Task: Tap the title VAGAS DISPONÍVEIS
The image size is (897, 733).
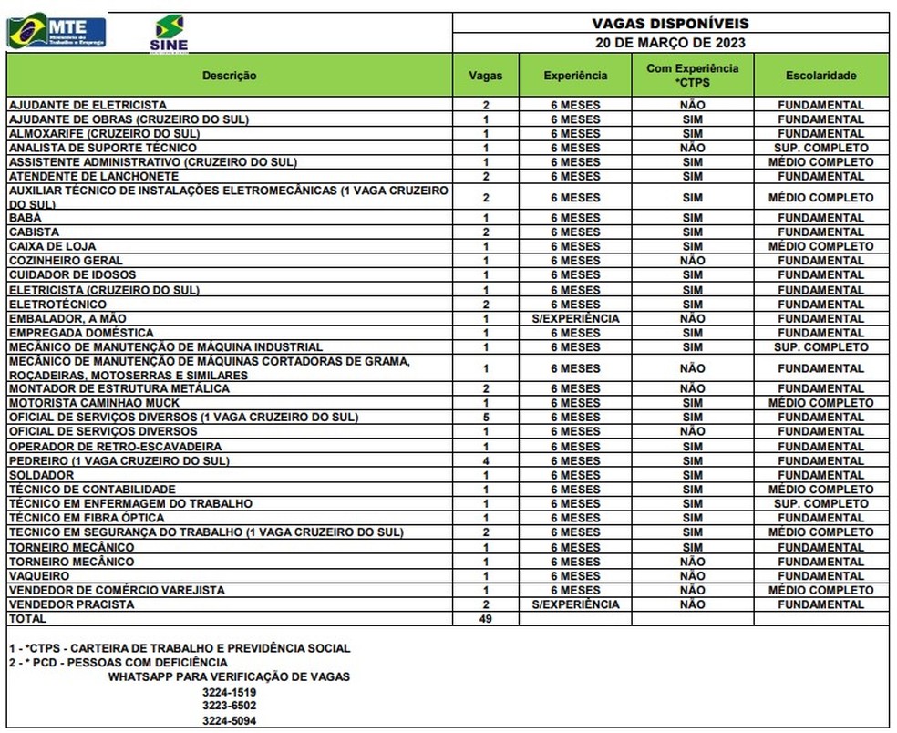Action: point(671,24)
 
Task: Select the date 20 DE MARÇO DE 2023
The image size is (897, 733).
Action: point(671,43)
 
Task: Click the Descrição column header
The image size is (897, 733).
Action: point(229,76)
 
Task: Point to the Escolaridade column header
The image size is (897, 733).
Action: point(820,76)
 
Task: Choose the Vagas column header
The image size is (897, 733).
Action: point(486,76)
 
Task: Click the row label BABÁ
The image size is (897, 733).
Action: point(25,218)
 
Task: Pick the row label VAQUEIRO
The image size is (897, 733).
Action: point(38,576)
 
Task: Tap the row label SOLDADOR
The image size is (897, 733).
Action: point(41,475)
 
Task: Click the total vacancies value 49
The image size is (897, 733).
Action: point(486,619)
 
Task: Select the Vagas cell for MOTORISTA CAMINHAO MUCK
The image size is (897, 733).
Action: point(486,403)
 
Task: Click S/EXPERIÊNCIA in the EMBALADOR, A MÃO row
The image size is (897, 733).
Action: point(575,319)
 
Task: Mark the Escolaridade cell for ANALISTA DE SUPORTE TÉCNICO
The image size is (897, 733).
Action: point(820,148)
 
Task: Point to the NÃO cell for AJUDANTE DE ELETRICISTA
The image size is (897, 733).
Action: point(692,105)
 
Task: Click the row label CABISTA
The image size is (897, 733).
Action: point(34,232)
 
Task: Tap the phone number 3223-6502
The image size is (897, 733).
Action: point(229,706)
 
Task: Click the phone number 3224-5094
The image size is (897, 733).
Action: point(229,720)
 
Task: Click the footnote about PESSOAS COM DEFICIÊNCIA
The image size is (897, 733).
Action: point(119,663)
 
